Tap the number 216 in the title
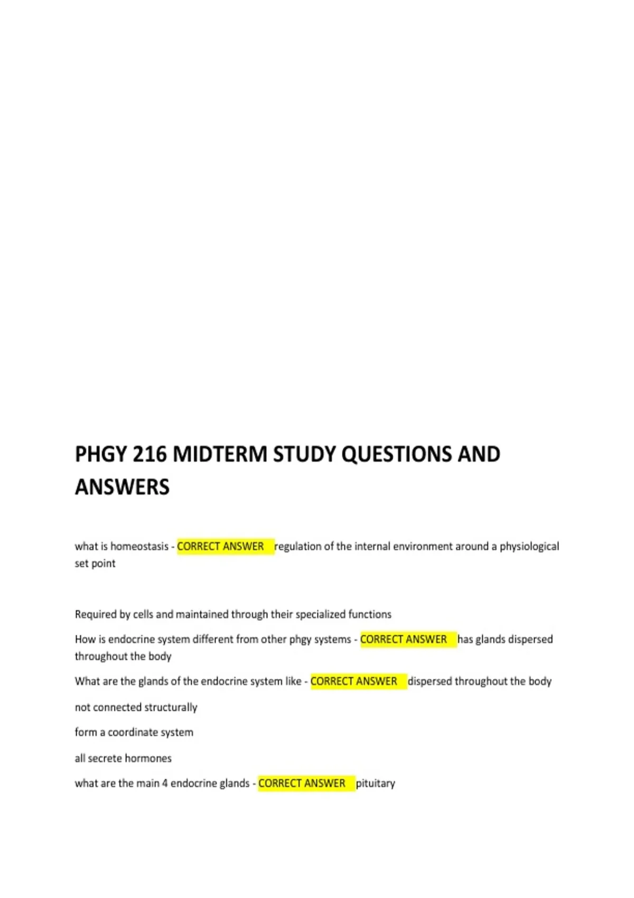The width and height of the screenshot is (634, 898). tap(150, 455)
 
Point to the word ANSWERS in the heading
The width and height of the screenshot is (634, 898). tap(122, 487)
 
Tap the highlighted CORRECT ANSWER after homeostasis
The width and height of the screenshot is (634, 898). tap(221, 546)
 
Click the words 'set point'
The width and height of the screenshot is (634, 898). tap(95, 564)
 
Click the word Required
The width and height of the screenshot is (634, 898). tap(96, 614)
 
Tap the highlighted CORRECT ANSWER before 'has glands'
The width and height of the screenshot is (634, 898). tap(404, 639)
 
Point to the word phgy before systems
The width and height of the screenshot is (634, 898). tap(300, 640)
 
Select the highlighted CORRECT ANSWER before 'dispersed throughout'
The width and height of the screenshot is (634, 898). tap(354, 681)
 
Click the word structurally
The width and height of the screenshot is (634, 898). tap(169, 707)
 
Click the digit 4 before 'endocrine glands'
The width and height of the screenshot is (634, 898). tap(165, 783)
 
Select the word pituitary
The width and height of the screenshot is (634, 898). tap(376, 783)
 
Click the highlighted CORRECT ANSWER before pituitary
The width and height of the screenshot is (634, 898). tap(302, 783)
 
